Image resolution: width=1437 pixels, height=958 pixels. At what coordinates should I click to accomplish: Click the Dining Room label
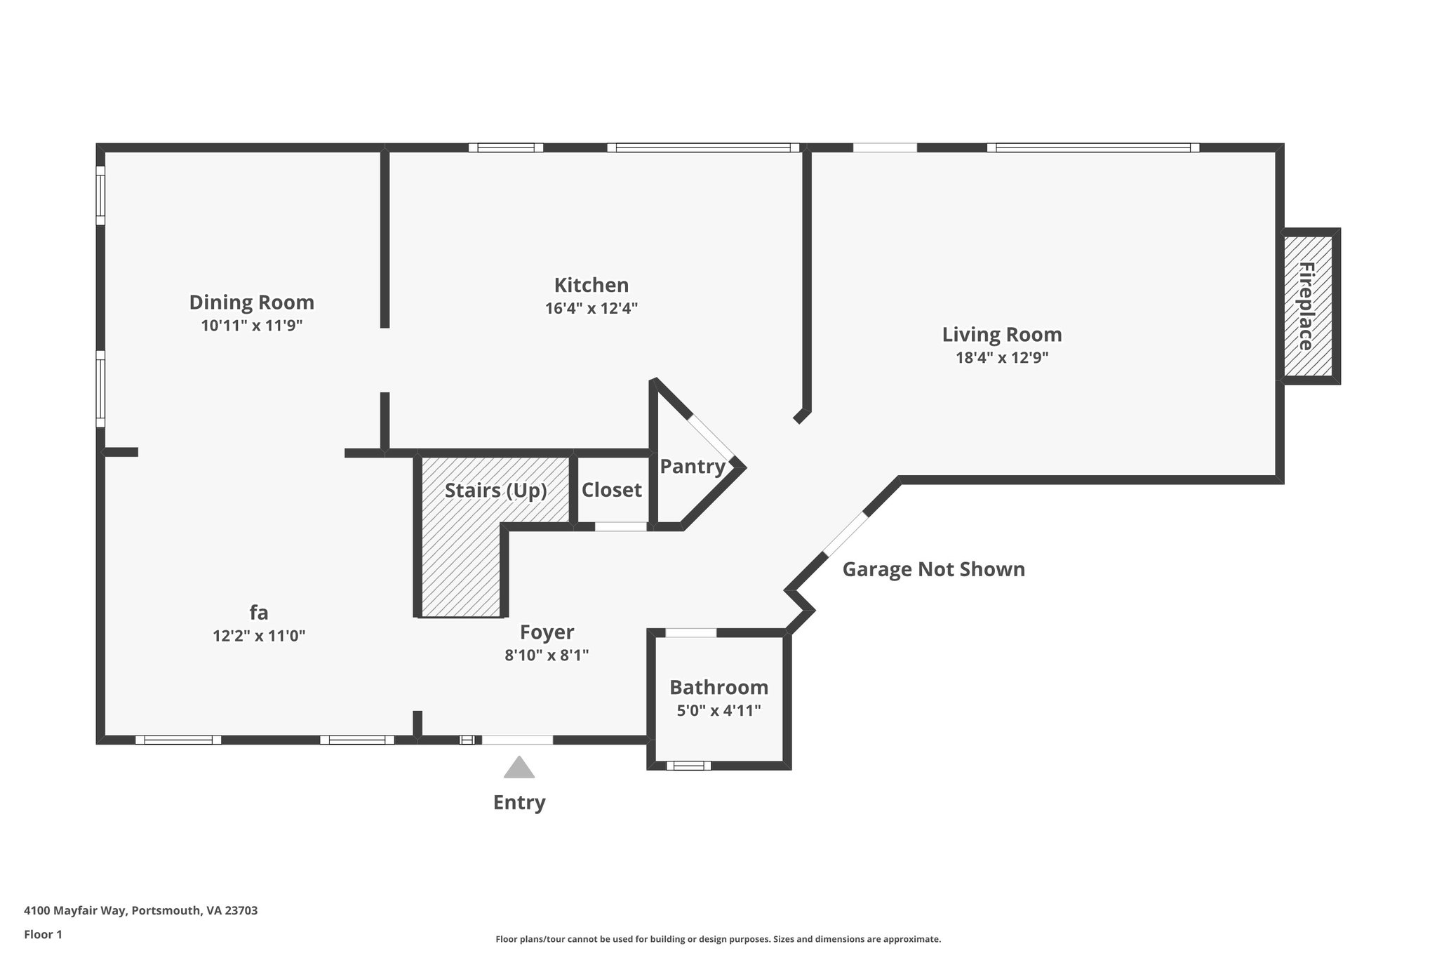click(x=251, y=302)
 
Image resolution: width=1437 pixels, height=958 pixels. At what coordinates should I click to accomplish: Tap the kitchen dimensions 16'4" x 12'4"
click(x=591, y=308)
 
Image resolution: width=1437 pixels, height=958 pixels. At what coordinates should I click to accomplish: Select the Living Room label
click(x=1001, y=335)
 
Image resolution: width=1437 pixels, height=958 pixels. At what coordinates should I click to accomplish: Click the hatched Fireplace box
click(x=1308, y=306)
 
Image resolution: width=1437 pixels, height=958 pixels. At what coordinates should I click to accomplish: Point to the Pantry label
click(x=692, y=466)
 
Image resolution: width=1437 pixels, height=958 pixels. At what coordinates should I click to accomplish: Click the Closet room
click(x=611, y=489)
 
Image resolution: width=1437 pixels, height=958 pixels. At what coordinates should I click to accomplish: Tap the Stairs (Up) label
click(x=495, y=490)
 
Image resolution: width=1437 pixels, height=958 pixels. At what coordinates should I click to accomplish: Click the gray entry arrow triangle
click(x=519, y=768)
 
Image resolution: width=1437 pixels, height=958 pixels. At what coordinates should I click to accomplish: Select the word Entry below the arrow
click(x=519, y=802)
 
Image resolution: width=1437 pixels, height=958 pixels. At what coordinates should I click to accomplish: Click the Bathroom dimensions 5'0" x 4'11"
click(x=718, y=710)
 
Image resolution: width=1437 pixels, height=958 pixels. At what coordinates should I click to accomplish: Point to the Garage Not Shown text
click(x=933, y=569)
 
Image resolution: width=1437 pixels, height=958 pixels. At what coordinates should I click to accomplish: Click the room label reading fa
click(x=258, y=613)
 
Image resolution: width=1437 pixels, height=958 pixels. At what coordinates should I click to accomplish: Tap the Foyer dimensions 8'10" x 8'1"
click(x=546, y=655)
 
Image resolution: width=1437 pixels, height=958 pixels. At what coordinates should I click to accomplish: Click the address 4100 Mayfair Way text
click(x=140, y=910)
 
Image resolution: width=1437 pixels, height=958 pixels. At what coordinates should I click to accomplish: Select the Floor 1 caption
click(x=43, y=934)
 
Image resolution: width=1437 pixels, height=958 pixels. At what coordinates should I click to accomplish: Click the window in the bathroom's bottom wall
click(x=688, y=765)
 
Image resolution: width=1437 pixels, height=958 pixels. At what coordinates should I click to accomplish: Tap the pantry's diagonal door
click(x=711, y=438)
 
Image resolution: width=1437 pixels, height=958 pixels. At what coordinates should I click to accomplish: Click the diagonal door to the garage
click(x=846, y=535)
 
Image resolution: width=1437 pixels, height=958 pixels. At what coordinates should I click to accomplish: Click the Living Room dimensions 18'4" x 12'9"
click(x=1001, y=357)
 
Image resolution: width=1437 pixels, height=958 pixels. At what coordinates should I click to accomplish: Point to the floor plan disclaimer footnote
click(x=718, y=939)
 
